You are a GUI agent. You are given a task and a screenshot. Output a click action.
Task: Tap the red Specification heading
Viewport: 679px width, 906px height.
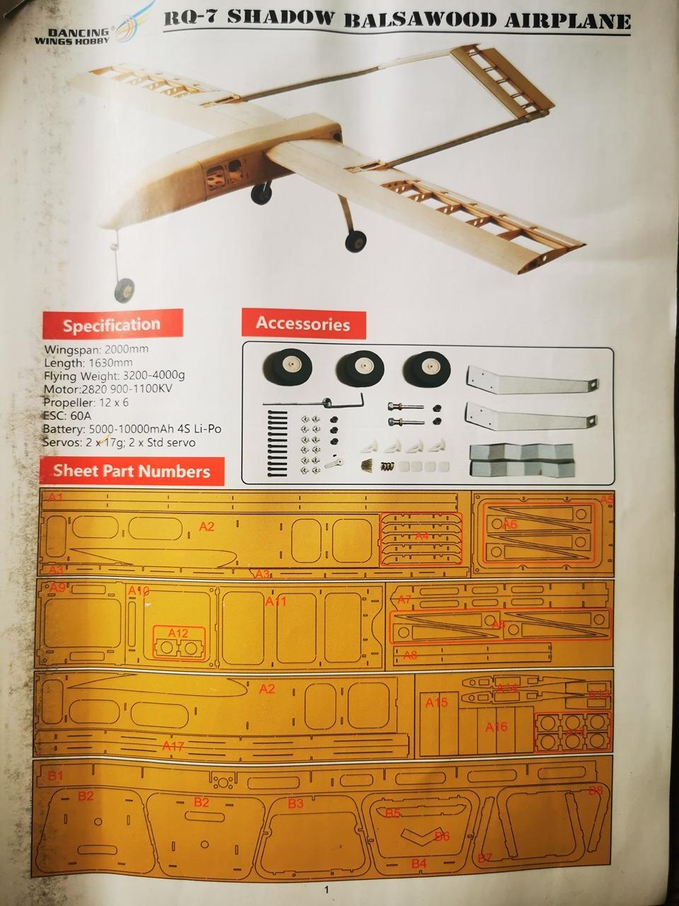[x=112, y=325]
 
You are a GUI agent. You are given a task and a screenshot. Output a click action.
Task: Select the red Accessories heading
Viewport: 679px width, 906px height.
[x=303, y=323]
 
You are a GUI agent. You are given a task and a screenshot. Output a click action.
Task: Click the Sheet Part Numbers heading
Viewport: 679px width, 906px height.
[x=132, y=471]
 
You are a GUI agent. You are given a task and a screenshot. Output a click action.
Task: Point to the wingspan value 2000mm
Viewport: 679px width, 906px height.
[x=127, y=349]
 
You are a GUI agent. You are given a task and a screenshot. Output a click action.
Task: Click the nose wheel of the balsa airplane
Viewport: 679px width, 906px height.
[x=124, y=289]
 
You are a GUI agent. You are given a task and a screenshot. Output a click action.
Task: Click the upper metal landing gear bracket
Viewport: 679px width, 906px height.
[x=530, y=384]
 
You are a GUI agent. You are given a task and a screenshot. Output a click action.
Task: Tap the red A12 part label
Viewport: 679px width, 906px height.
[x=178, y=633]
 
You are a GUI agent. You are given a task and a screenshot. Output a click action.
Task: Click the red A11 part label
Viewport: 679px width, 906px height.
[x=276, y=602]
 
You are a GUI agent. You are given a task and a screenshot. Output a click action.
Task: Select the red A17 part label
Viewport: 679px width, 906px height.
[x=173, y=746]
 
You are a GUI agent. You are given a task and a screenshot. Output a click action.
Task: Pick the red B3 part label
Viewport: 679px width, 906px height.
[x=295, y=803]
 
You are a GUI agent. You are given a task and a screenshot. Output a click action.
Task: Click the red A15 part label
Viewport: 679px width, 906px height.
[x=436, y=703]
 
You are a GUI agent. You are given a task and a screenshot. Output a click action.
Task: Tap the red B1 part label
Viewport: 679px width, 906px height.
[x=55, y=776]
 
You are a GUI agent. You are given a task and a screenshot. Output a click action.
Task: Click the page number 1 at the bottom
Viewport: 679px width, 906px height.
[x=326, y=890]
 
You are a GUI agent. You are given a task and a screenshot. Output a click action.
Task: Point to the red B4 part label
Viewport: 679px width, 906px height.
[x=419, y=864]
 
